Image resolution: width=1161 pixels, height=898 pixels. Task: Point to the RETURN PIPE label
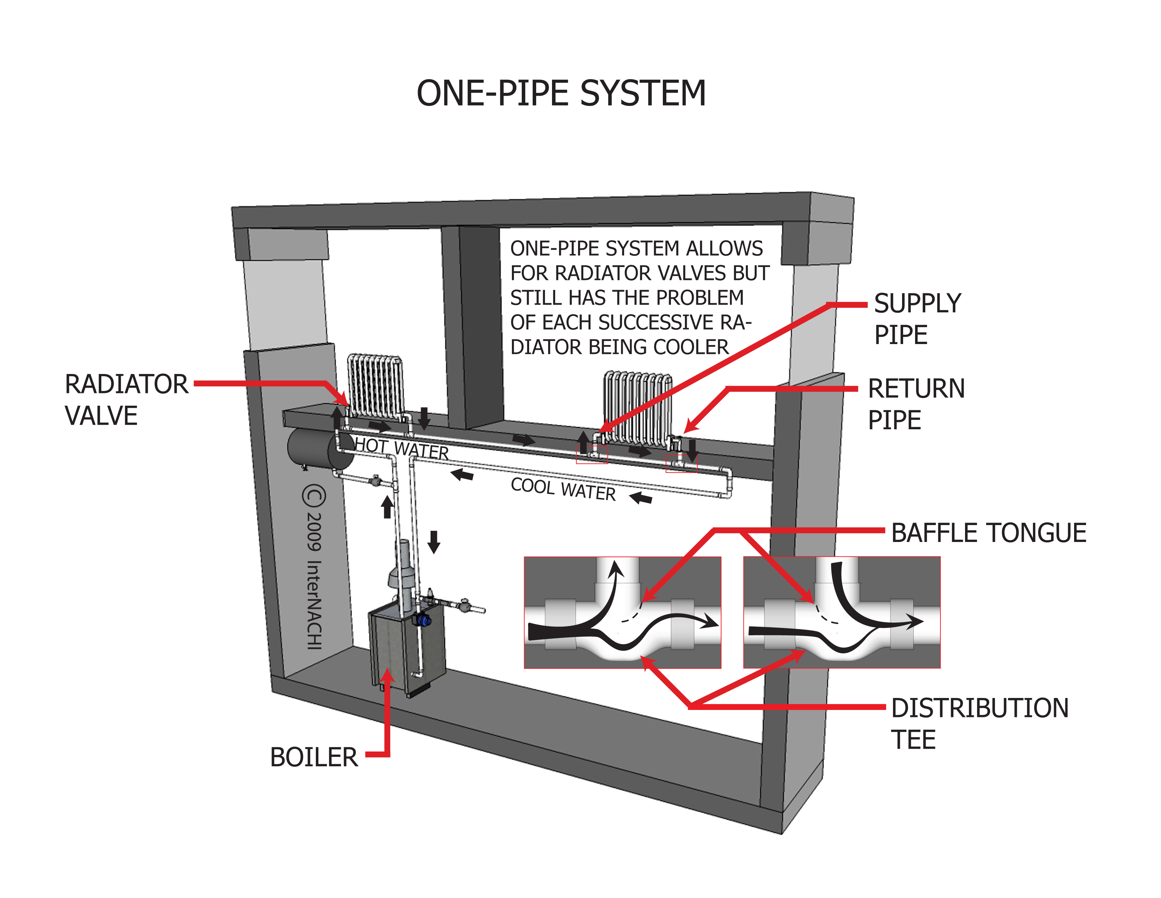coord(916,404)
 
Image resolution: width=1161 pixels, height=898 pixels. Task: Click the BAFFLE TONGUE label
coord(988,533)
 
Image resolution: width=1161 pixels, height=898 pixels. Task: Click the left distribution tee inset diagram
coord(622,612)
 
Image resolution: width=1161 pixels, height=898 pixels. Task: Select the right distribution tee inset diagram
coord(842,612)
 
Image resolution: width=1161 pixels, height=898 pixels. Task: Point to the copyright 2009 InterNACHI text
coord(313,567)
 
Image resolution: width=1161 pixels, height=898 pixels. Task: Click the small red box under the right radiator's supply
coord(592,455)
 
